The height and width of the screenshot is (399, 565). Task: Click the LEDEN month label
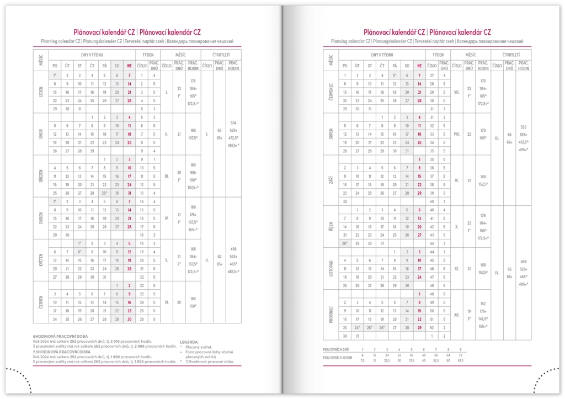(41, 92)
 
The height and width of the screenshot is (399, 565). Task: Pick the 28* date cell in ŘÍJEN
(345, 243)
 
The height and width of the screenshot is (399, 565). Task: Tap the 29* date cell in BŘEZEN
(104, 193)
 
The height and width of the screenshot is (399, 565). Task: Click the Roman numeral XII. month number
(456, 315)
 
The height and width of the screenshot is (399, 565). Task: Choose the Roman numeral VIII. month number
(456, 134)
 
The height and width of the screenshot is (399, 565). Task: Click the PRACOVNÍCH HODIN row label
(338, 358)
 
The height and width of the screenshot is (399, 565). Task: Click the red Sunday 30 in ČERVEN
(129, 319)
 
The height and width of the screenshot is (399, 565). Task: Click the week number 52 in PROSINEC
(432, 327)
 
